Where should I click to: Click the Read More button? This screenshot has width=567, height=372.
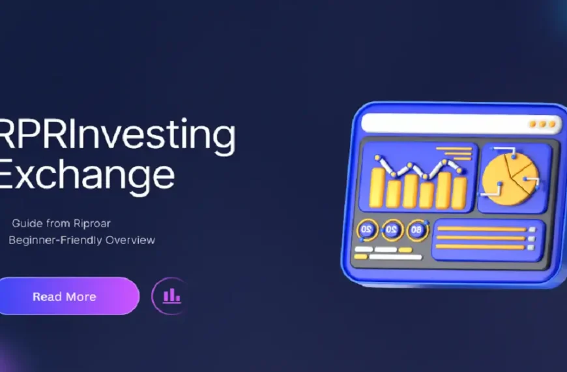tap(65, 296)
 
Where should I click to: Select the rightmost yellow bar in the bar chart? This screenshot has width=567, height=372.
tap(459, 192)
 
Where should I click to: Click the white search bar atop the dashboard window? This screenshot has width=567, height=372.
tap(443, 123)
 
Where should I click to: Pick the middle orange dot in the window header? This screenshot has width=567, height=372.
tap(542, 124)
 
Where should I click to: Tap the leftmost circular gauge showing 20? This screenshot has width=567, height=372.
tap(367, 230)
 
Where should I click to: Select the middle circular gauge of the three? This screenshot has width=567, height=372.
tap(392, 230)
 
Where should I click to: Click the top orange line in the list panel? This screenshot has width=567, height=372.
tap(480, 229)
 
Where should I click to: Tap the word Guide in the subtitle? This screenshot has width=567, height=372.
tap(25, 223)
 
